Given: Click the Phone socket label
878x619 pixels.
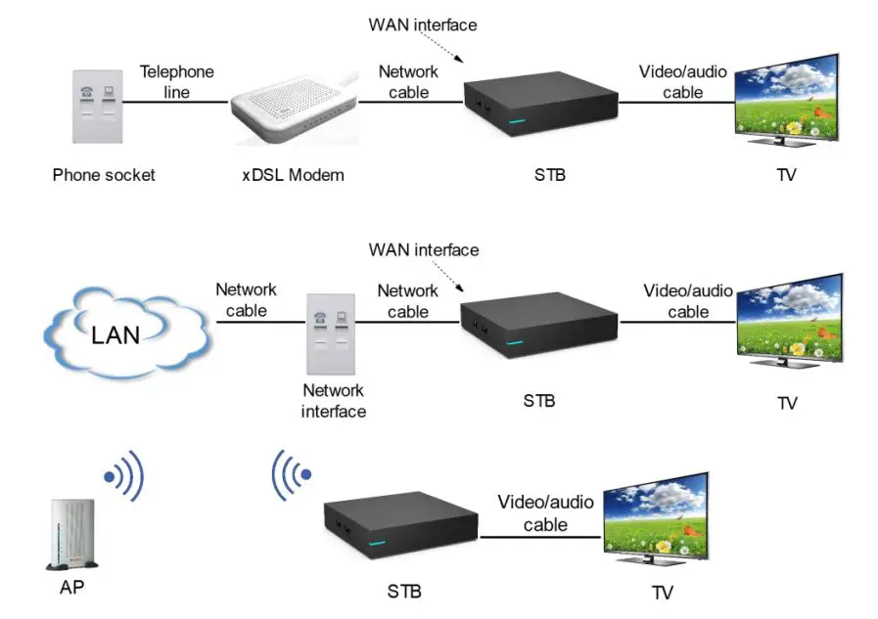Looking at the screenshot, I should [x=104, y=176].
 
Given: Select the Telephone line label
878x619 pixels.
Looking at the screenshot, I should [x=176, y=81].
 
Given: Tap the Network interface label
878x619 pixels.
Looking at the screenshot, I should [x=334, y=401].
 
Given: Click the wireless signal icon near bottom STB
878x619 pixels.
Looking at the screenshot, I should [x=291, y=476].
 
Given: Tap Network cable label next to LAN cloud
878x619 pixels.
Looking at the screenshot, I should [x=246, y=299].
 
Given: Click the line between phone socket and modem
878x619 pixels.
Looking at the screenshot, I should [x=186, y=101].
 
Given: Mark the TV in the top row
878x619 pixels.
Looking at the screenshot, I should [x=787, y=102].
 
